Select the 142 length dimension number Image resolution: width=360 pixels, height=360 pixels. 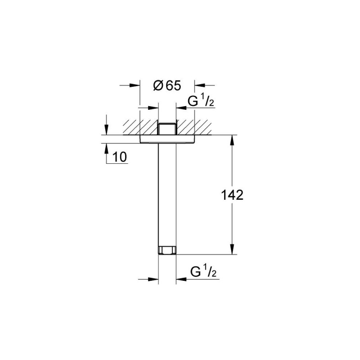click(x=233, y=195)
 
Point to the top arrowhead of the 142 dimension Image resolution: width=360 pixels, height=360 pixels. click(x=232, y=140)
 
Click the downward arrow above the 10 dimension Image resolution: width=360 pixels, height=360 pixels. click(x=106, y=130)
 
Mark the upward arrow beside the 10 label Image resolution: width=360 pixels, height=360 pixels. click(x=106, y=149)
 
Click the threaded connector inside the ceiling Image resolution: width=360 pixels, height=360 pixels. click(x=167, y=128)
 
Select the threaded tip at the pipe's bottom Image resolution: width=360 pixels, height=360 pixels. click(x=167, y=251)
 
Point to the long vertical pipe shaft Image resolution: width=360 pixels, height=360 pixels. click(x=167, y=193)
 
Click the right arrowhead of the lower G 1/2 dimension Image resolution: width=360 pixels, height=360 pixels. click(x=180, y=279)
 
